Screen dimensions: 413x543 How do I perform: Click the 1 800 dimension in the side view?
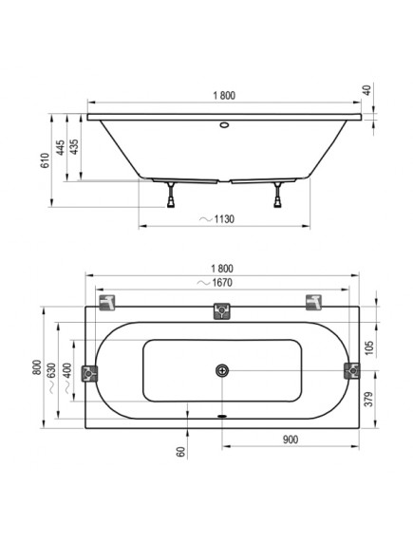[224, 95]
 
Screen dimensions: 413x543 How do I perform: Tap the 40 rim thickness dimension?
[367, 90]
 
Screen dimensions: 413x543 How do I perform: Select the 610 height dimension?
[45, 160]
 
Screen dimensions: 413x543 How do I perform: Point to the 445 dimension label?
[60, 147]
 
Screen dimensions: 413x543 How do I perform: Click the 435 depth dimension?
[74, 147]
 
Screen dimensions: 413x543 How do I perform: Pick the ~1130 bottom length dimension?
[217, 219]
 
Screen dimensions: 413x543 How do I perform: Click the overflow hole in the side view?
[224, 124]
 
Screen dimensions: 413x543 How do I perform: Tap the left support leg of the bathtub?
[171, 195]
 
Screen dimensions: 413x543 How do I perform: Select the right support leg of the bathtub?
[277, 195]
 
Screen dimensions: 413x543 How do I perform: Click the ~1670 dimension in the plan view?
[215, 283]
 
